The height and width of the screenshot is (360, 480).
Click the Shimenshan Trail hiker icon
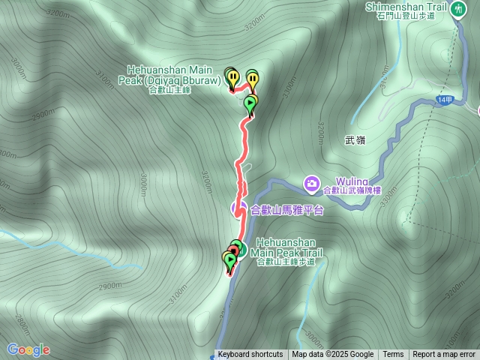point(457,8)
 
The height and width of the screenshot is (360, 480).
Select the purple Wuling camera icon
point(311,182)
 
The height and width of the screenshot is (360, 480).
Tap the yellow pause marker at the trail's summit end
point(233,78)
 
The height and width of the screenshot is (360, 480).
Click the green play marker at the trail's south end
point(229,260)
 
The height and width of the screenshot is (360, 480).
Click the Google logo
point(28,349)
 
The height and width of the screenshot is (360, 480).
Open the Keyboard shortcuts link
point(250,355)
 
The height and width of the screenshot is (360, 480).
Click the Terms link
point(393,355)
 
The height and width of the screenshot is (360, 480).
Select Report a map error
point(444,355)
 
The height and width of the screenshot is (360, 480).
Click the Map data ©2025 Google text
point(333,355)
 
